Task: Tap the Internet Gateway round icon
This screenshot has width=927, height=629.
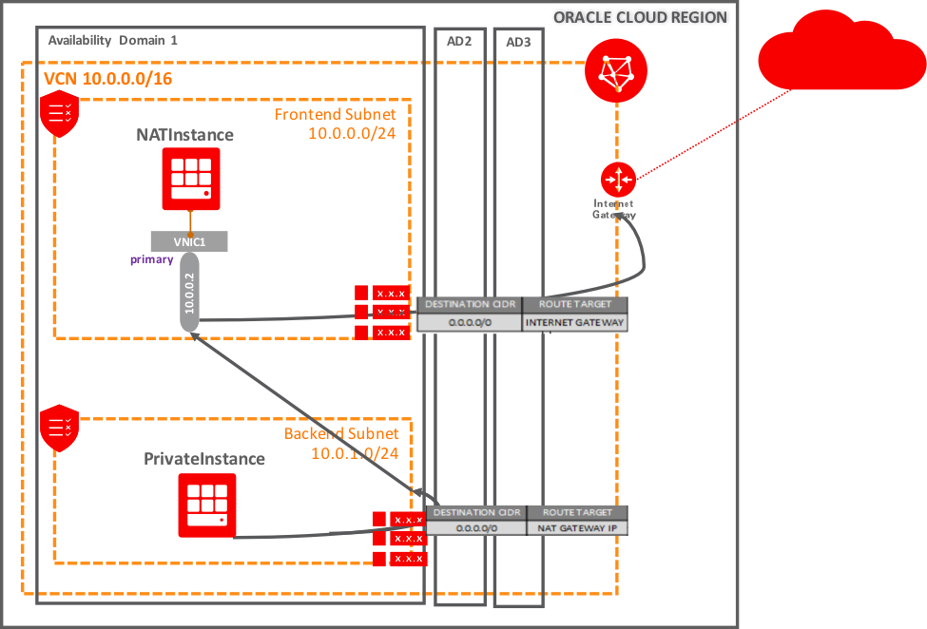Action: pyautogui.click(x=618, y=179)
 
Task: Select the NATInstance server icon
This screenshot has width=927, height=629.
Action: pyautogui.click(x=190, y=179)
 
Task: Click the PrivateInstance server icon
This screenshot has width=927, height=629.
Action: pyautogui.click(x=206, y=505)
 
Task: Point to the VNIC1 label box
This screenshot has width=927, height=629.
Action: pyautogui.click(x=188, y=242)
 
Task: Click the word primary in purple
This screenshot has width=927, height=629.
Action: pyautogui.click(x=152, y=259)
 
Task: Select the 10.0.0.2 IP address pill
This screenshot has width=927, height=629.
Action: pyautogui.click(x=189, y=295)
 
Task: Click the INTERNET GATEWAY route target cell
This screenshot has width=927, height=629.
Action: pyautogui.click(x=575, y=323)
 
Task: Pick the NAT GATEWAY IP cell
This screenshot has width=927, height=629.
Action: pyautogui.click(x=576, y=528)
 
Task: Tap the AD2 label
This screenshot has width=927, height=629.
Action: pyautogui.click(x=459, y=42)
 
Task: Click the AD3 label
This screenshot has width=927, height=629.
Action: pyautogui.click(x=518, y=43)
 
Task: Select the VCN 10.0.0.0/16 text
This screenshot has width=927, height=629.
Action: pyautogui.click(x=108, y=79)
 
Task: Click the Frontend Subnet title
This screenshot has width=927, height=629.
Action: pyautogui.click(x=335, y=115)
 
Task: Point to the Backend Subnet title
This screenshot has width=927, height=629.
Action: pyautogui.click(x=340, y=434)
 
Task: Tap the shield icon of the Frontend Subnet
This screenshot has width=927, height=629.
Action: pyautogui.click(x=58, y=114)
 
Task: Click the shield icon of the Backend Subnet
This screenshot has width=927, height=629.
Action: pyautogui.click(x=58, y=427)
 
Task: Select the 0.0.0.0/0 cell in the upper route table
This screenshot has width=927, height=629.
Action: pyautogui.click(x=470, y=323)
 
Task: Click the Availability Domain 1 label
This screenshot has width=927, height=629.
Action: pyautogui.click(x=112, y=40)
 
